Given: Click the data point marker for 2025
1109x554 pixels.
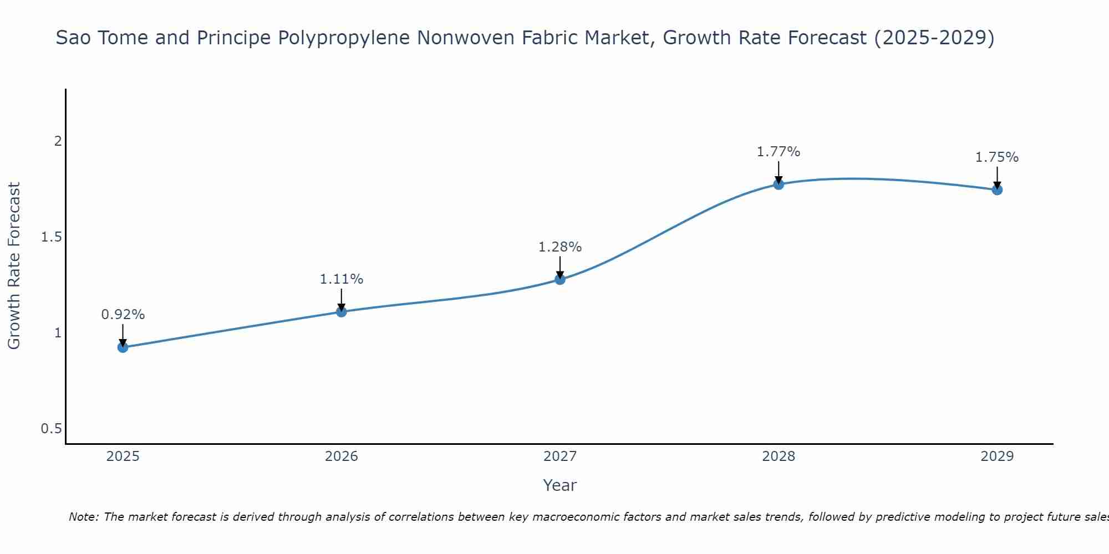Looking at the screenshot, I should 123,347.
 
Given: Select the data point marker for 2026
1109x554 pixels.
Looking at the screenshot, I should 341,312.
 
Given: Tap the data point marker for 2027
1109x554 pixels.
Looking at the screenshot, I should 560,279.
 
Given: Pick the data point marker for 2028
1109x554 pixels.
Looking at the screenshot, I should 779,184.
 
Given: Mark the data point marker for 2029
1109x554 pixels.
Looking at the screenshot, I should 997,190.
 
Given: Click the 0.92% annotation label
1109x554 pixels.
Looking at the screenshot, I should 123,315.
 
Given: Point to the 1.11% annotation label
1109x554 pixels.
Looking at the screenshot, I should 341,279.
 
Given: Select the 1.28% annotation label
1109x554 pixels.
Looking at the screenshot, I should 560,247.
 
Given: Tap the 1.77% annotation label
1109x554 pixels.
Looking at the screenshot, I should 779,152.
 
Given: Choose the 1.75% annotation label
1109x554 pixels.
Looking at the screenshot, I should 997,157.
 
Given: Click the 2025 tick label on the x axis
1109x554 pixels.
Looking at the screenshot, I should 123,456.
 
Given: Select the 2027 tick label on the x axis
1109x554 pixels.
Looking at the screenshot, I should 560,456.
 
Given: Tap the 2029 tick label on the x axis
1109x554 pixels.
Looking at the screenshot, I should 997,456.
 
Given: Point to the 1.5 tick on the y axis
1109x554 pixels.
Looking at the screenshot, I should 51,237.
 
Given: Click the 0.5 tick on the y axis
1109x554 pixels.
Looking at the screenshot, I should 51,429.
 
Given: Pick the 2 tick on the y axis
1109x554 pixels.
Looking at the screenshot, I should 57,141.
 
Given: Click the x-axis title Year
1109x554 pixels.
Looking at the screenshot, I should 560,485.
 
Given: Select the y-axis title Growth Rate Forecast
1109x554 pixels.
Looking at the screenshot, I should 14,266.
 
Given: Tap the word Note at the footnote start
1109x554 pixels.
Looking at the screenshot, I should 83,517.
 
